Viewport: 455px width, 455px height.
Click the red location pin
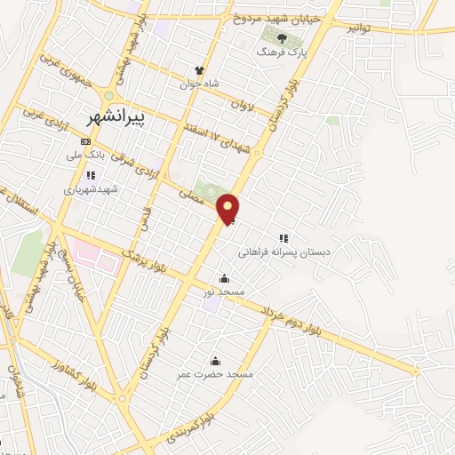228,208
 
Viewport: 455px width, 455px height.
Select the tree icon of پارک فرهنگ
283,38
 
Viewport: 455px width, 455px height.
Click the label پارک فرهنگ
280,52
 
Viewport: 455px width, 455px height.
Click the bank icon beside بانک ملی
85,141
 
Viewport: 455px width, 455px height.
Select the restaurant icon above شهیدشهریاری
91,175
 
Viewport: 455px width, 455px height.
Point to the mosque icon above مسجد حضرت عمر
214,361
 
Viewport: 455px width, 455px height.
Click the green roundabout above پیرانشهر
108,95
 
